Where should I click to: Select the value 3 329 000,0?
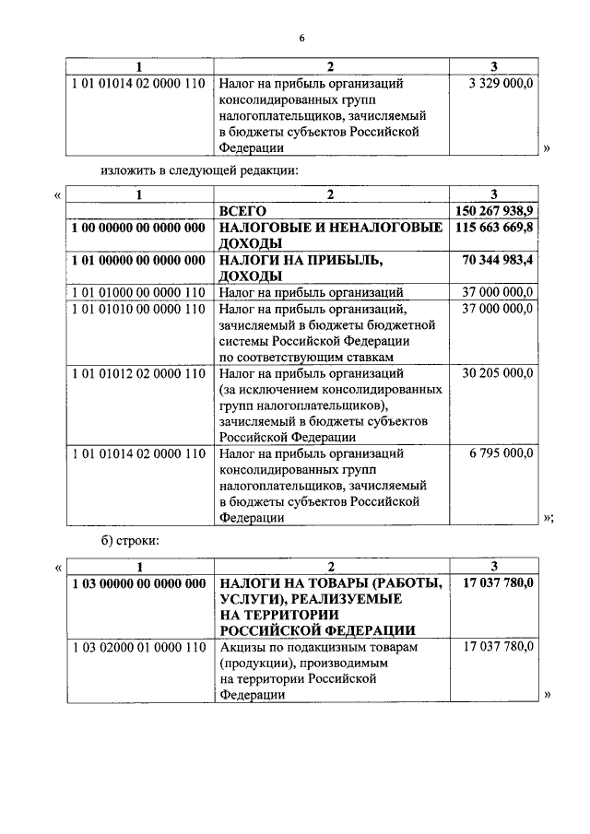click(x=501, y=83)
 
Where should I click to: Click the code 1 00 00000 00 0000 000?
click(x=138, y=227)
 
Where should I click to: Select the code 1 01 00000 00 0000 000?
click(x=138, y=261)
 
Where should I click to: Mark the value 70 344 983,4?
click(x=498, y=261)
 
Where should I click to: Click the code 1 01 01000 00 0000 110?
click(x=138, y=293)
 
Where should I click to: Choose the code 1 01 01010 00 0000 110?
click(x=138, y=309)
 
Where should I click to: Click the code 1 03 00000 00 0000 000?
click(x=138, y=582)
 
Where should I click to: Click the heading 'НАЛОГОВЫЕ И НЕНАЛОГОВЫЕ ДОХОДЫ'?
click(x=329, y=235)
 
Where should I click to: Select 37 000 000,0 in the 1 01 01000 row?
click(x=498, y=293)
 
